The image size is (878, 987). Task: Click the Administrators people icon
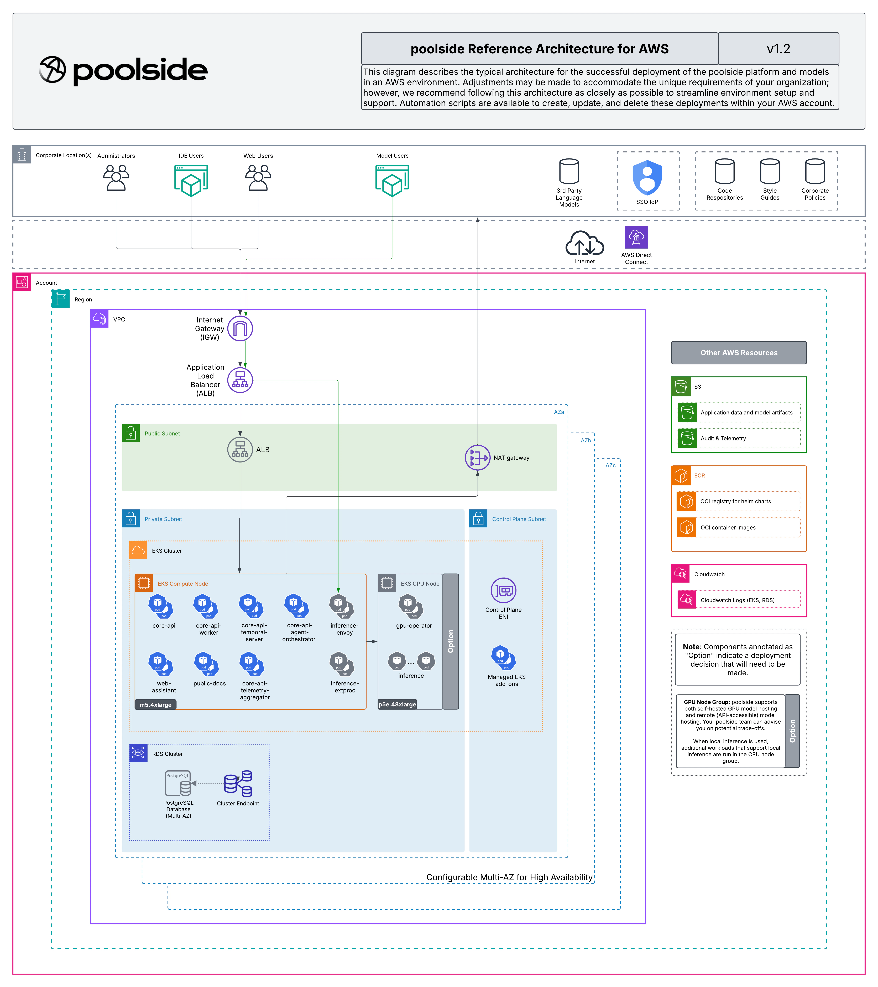pyautogui.click(x=116, y=178)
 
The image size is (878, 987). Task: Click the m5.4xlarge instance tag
pyautogui.click(x=155, y=705)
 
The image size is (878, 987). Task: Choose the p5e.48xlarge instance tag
pyautogui.click(x=397, y=704)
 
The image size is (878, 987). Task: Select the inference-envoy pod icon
pyautogui.click(x=341, y=606)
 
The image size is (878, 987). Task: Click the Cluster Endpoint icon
pyautogui.click(x=238, y=783)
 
